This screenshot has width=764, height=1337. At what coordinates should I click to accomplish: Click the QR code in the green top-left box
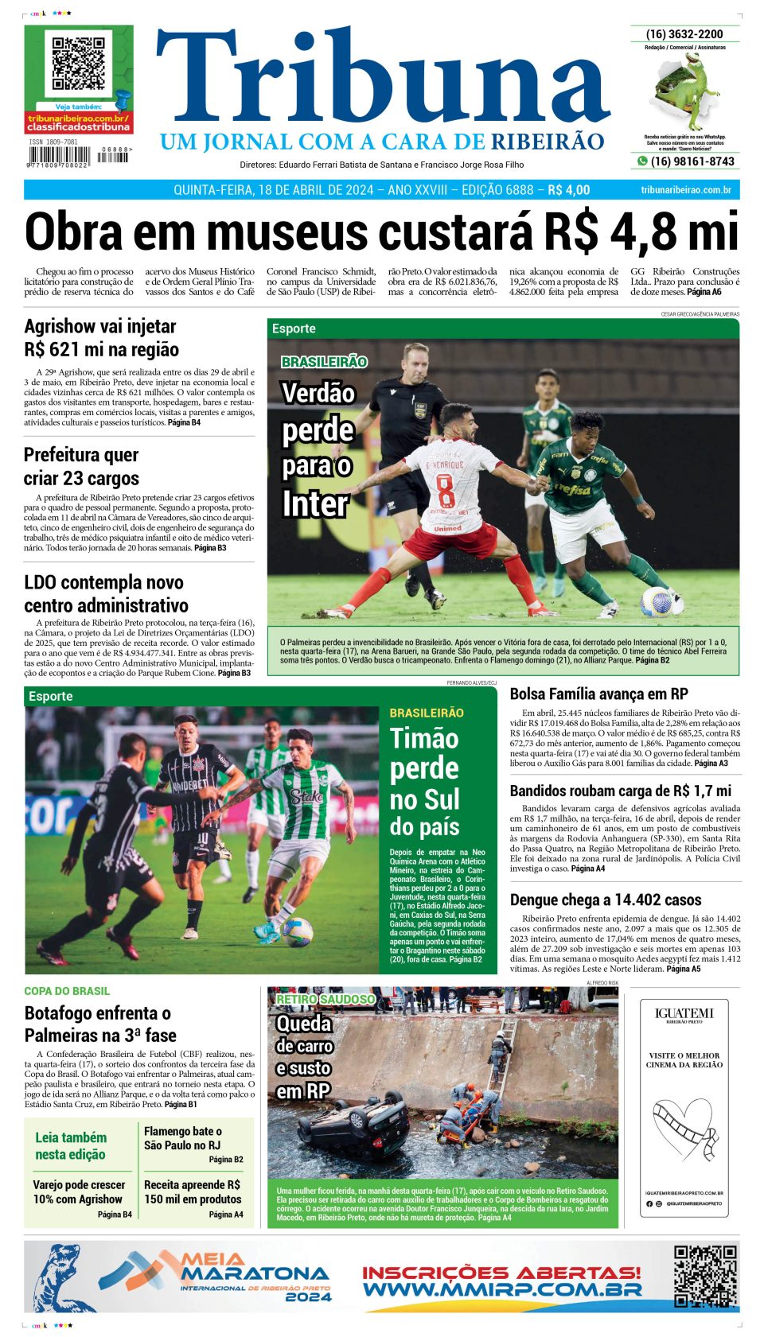point(79,63)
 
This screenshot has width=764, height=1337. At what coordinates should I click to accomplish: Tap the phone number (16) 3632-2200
point(684,34)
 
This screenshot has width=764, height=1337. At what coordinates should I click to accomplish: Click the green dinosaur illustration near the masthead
point(687,90)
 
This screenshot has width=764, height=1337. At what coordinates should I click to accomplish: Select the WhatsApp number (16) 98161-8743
point(692,161)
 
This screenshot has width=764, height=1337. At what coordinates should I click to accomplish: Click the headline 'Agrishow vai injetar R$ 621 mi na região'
point(101,338)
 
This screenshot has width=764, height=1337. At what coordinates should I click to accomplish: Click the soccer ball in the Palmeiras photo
point(657,601)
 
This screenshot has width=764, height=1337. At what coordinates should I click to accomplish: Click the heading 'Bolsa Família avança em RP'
point(598,694)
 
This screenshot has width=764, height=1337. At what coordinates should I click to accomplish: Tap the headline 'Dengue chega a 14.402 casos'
point(605,900)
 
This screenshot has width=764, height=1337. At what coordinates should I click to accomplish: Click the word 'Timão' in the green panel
point(424,739)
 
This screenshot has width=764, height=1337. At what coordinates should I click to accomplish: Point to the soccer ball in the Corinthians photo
point(298,930)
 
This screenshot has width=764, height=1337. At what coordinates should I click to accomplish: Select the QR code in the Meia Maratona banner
point(704,1277)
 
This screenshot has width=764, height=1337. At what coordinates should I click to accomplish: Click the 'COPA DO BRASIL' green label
point(67,991)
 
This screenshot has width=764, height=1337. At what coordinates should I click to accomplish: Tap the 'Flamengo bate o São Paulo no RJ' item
point(183,1138)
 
